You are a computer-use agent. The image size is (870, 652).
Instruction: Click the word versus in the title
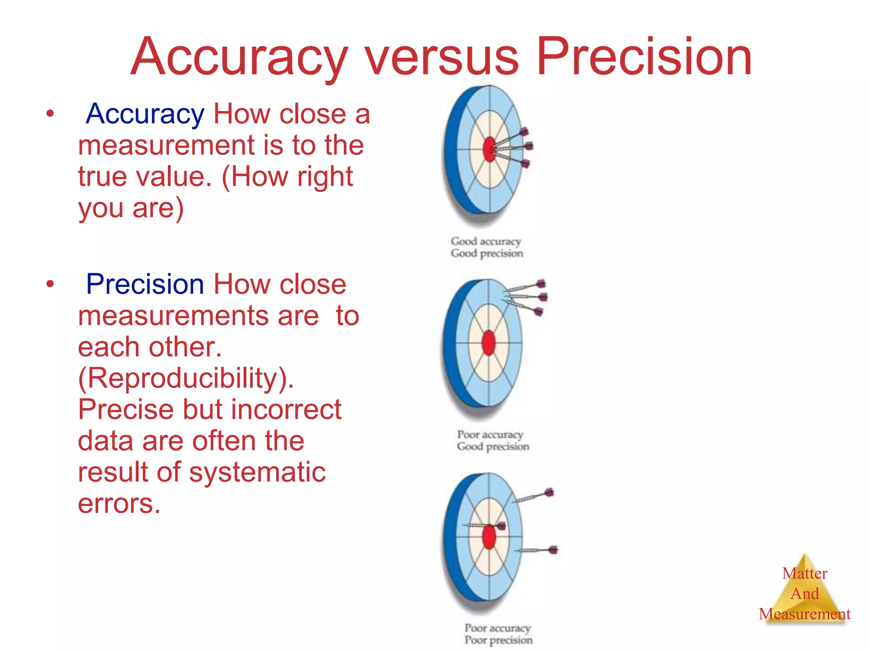point(442,57)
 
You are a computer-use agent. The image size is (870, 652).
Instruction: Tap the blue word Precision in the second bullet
point(145,284)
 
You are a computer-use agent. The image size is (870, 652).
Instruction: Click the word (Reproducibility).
point(186,378)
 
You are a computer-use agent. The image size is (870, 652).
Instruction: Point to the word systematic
point(257,472)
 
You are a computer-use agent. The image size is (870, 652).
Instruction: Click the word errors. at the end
point(119,503)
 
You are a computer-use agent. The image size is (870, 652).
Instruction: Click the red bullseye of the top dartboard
point(489,149)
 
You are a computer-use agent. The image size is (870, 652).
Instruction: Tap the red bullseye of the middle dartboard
point(489,343)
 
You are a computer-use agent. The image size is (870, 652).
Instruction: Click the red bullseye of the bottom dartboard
point(489,537)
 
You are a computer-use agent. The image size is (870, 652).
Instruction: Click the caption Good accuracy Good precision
point(487,247)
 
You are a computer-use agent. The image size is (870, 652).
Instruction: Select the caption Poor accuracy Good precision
point(493,441)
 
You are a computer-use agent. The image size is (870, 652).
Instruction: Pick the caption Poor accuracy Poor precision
point(498,634)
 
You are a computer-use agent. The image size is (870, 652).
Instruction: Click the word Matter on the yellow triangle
point(805,573)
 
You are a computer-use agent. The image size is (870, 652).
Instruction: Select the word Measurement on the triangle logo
point(805,614)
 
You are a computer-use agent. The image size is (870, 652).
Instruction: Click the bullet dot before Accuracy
point(50,114)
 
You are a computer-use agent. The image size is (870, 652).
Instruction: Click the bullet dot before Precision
point(50,284)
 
